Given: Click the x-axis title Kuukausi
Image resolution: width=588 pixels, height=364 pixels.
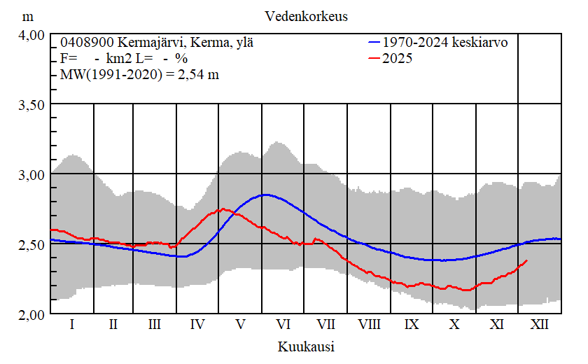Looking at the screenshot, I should (x=306, y=346).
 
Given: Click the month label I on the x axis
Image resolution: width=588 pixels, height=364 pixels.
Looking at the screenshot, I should (x=72, y=325).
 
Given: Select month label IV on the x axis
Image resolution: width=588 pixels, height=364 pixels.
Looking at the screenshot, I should (x=197, y=325).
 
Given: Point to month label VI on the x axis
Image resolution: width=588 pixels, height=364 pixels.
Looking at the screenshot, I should (x=283, y=325).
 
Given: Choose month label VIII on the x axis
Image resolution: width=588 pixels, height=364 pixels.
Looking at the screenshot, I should (x=369, y=325).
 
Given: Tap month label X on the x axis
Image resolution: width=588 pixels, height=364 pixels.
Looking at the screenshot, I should (x=455, y=325).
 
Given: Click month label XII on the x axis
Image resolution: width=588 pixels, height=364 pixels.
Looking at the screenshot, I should (x=540, y=325).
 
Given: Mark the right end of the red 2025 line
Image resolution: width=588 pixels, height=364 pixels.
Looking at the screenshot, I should (x=527, y=260).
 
